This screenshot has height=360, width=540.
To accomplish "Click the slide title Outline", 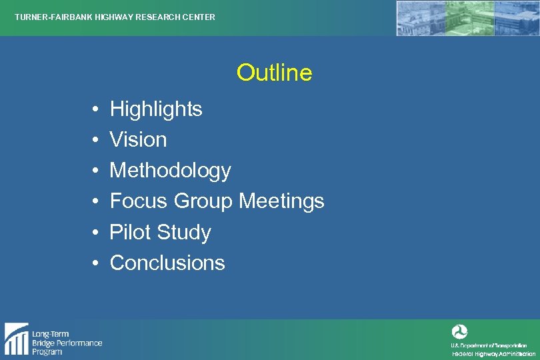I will tap(274, 73).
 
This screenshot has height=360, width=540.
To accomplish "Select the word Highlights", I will tap(156, 109).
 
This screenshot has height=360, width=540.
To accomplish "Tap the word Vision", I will tap(138, 139).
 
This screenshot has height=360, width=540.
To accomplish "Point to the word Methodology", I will tap(170, 171).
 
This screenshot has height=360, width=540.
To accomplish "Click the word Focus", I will tap(139, 201).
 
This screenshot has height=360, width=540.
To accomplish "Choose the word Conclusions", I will tap(167, 263).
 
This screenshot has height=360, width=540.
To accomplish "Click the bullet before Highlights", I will tap(96, 109).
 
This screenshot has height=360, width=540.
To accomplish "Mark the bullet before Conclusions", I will tap(96, 263).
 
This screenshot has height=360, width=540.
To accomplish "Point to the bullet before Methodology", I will tap(96, 171).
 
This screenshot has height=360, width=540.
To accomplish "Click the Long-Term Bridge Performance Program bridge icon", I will tap(16, 338).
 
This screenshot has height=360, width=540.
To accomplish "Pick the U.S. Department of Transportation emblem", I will tap(459, 332).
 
